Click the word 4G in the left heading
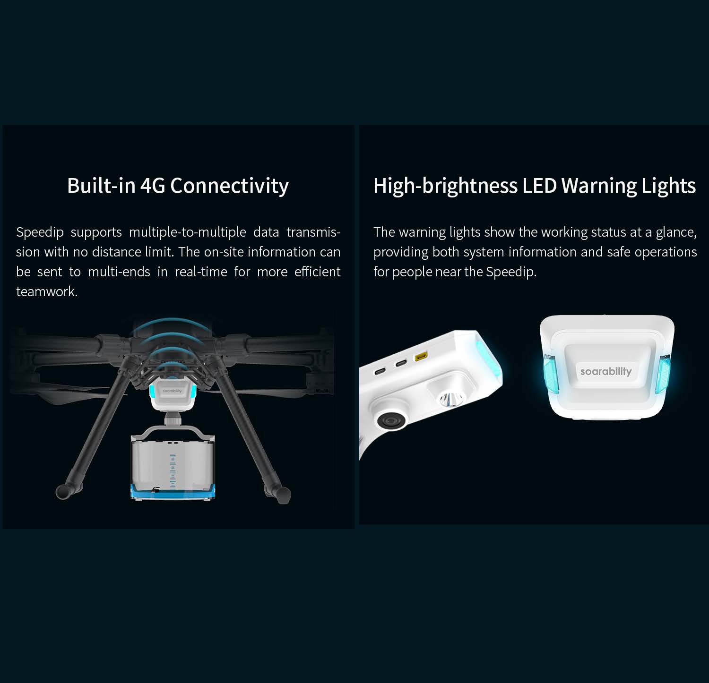153,185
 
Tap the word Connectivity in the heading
229,185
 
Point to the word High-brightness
445,185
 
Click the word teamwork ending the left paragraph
46,291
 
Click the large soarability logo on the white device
605,371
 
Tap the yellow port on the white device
420,357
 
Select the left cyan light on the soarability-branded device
551,374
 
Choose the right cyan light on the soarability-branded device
662,374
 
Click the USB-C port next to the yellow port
401,363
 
